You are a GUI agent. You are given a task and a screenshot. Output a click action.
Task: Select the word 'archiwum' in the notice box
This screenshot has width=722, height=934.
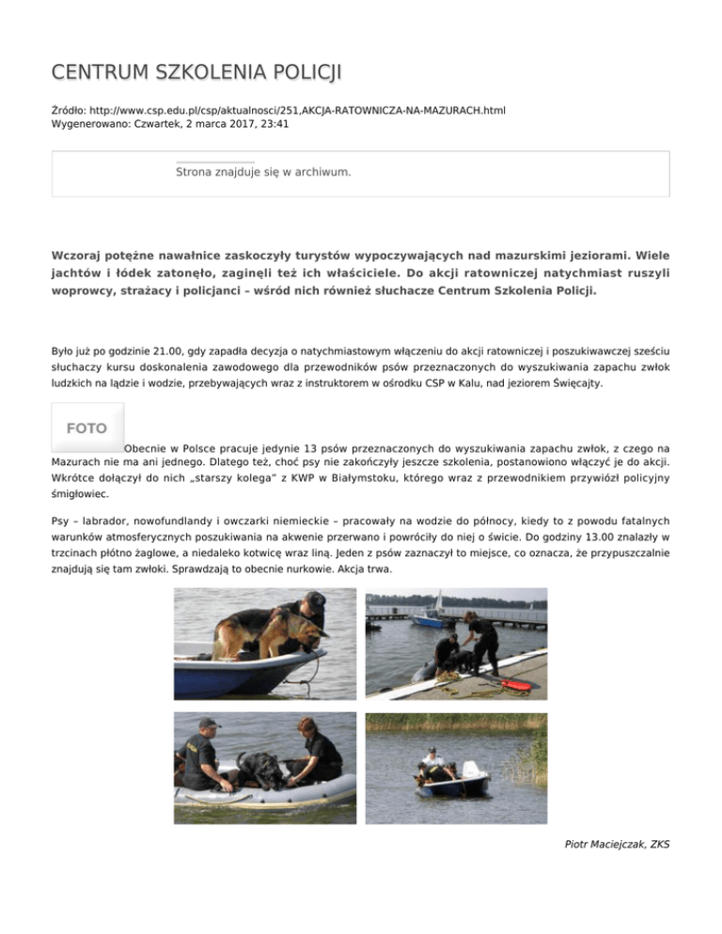[x=322, y=173]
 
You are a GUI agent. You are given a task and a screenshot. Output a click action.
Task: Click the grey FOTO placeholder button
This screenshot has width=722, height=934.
[x=86, y=428]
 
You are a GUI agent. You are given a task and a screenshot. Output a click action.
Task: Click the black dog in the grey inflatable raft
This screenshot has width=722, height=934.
[x=259, y=768]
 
